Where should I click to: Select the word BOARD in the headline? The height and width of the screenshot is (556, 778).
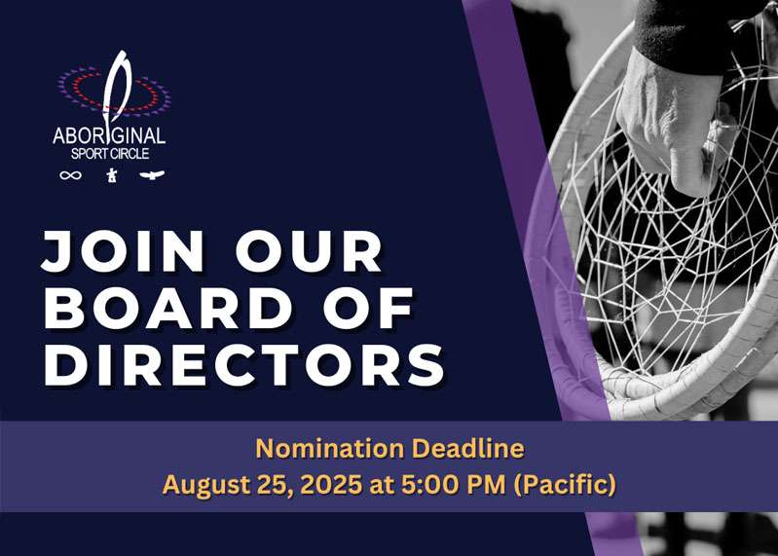click(x=169, y=309)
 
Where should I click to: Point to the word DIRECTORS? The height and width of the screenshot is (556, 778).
click(x=243, y=365)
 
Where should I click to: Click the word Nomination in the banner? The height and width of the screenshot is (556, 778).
click(x=327, y=449)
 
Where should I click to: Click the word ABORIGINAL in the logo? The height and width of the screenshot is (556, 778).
click(x=109, y=135)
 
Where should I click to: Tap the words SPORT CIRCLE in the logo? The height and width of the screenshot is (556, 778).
click(x=109, y=154)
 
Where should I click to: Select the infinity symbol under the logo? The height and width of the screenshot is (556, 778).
click(x=71, y=175)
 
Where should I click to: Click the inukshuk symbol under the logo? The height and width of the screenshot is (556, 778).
click(x=111, y=175)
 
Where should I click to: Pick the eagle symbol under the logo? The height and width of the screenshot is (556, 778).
click(x=151, y=175)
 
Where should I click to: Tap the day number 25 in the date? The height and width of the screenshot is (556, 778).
click(x=262, y=485)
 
